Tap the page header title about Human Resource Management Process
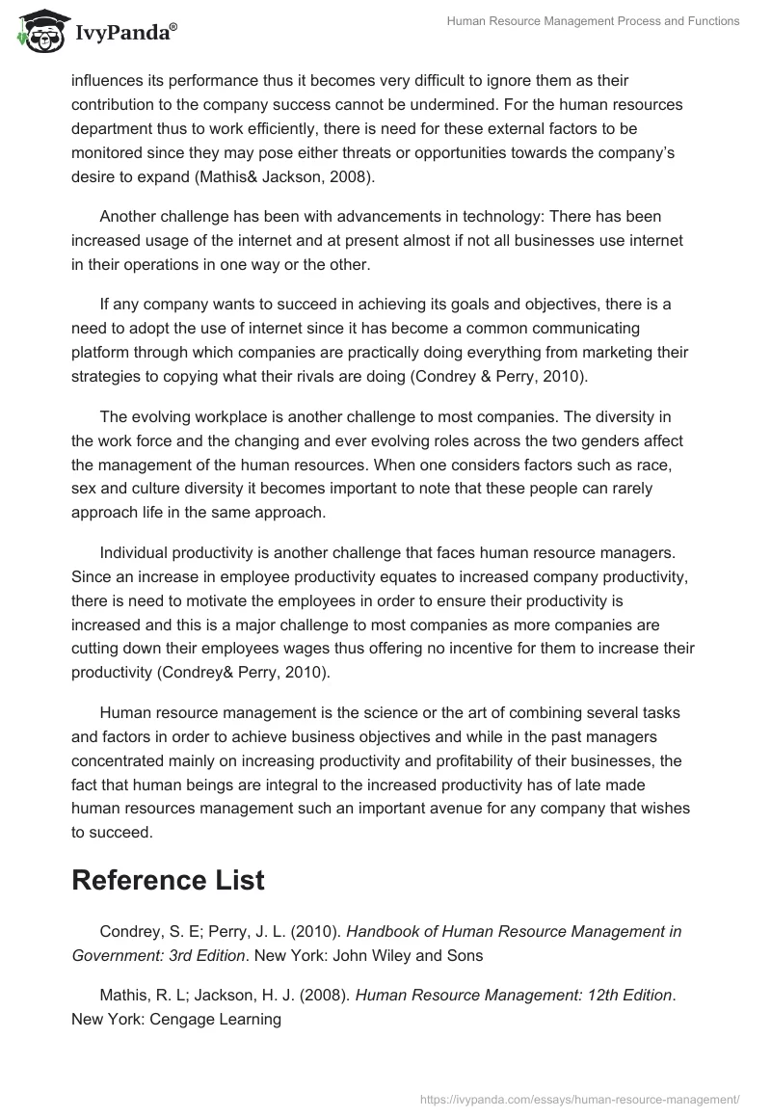click(593, 21)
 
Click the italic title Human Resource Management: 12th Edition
click(513, 995)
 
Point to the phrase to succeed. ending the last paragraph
click(112, 832)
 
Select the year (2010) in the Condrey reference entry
click(316, 932)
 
